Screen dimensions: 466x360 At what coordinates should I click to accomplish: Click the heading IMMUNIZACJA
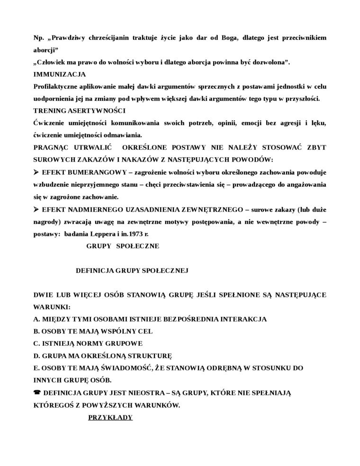coord(59,74)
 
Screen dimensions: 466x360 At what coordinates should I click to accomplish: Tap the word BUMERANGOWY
coord(90,172)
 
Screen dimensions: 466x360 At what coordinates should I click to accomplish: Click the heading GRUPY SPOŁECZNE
coord(123,246)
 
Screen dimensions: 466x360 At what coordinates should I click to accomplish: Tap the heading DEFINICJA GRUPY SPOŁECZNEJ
coord(132,270)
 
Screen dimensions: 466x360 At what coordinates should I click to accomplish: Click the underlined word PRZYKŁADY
coord(110,417)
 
